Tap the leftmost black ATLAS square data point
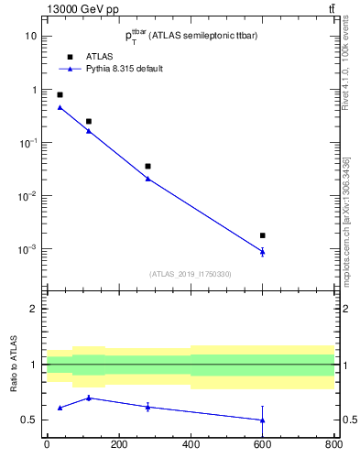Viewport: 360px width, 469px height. point(60,94)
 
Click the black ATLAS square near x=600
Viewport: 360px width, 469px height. point(263,235)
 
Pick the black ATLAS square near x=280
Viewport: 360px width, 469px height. point(147,166)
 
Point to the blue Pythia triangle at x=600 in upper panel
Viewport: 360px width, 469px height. point(263,251)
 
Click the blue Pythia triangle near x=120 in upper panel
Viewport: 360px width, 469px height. point(89,131)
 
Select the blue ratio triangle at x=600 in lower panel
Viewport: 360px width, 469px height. point(263,420)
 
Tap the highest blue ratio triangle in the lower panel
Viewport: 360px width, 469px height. point(89,398)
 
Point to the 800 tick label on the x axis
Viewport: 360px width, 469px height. point(334,445)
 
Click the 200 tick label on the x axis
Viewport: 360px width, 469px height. point(118,445)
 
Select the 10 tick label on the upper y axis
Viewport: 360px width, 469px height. point(31,36)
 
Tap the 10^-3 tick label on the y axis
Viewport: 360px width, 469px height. point(28,249)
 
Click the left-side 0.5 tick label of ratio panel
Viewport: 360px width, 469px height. point(30,420)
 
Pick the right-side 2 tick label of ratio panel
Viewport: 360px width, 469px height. point(341,309)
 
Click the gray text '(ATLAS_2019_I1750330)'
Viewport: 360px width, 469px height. point(191,274)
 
